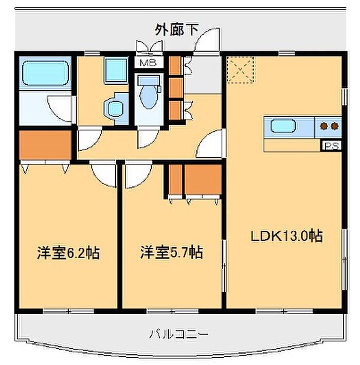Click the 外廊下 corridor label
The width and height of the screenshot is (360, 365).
point(177,30)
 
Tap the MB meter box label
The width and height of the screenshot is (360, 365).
point(149,62)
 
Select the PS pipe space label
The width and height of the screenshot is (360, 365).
point(332,146)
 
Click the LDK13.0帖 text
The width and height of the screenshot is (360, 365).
point(286,236)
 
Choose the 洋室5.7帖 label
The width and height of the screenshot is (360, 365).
point(171,252)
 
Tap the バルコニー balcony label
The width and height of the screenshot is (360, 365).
point(178,334)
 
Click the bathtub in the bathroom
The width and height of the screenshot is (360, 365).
point(45,74)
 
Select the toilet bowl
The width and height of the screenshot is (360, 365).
point(148,96)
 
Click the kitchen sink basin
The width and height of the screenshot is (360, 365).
point(283,126)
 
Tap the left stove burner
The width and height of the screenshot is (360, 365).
point(323,126)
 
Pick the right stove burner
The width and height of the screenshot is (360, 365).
point(334,126)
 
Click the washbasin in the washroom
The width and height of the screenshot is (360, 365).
point(115,108)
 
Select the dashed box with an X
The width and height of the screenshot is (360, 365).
point(240,69)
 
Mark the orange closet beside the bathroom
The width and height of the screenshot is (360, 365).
point(45,144)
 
